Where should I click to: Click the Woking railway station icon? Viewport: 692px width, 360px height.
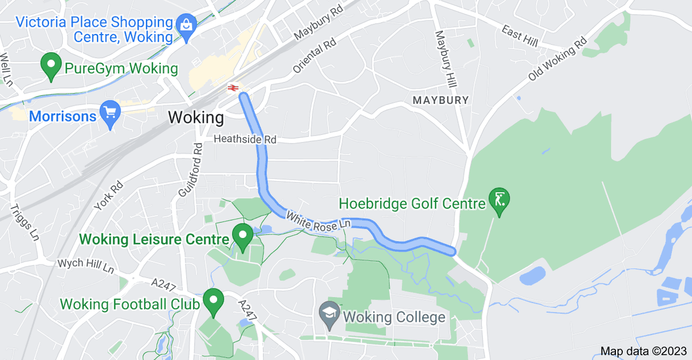233,88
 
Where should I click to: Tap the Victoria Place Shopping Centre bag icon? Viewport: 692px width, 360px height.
187,25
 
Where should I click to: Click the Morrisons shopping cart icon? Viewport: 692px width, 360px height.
109,114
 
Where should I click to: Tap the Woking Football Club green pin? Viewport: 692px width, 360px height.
214,301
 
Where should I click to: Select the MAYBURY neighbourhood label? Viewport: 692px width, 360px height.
441,100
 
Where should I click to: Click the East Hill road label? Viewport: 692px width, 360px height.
519,36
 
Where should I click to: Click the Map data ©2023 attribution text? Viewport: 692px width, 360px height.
644,351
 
